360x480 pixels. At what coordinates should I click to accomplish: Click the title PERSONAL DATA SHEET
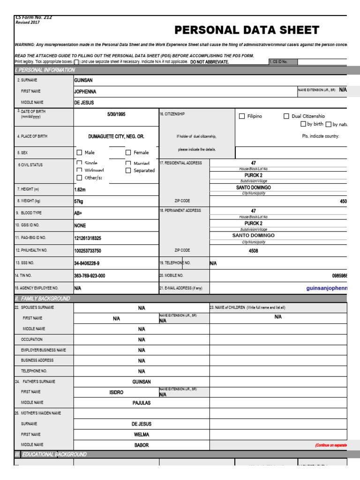(247, 30)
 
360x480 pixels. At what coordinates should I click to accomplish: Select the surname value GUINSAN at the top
(84, 80)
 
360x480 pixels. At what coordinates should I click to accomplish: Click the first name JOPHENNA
(88, 91)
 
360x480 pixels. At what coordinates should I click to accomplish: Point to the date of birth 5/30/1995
(116, 114)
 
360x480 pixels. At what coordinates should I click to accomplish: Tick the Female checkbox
(128, 152)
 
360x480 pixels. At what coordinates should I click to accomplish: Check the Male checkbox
(79, 152)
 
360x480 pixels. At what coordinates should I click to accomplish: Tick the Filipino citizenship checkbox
(242, 116)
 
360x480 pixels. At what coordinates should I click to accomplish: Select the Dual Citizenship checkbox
(286, 116)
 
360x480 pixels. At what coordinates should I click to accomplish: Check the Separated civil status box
(128, 171)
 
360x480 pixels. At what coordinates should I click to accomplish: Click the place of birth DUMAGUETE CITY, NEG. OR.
(116, 136)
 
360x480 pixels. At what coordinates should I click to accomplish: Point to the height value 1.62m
(80, 190)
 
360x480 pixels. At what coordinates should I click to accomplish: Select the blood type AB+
(78, 212)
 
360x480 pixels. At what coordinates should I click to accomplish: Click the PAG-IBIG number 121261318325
(87, 238)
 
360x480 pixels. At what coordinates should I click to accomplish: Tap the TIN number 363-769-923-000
(90, 276)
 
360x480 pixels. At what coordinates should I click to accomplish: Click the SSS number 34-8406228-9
(87, 263)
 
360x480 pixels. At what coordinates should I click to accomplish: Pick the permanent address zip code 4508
(253, 251)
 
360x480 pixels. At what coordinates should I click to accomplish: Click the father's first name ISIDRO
(116, 392)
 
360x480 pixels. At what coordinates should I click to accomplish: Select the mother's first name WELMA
(142, 435)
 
